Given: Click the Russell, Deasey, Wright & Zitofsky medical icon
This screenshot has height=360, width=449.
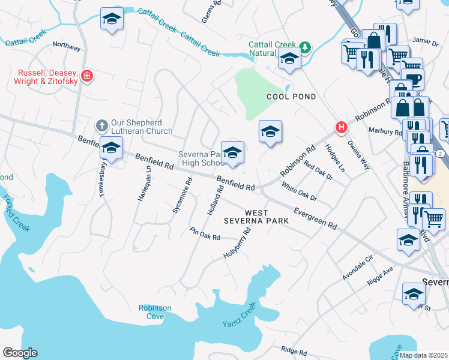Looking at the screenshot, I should [x=87, y=76].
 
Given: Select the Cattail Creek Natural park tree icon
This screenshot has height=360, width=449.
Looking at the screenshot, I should [x=306, y=47].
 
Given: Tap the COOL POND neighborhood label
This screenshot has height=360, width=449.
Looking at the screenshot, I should [x=292, y=97].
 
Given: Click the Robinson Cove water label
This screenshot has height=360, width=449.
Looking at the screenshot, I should [x=155, y=312].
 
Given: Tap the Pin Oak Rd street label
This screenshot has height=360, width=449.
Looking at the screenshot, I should [x=205, y=233].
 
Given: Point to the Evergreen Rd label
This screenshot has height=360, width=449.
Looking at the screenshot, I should [x=315, y=217].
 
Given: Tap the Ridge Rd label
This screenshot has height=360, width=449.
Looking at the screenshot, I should [x=294, y=350].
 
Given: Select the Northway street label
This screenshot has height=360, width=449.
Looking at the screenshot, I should [x=66, y=45].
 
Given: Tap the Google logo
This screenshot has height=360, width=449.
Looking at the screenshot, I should [x=20, y=353].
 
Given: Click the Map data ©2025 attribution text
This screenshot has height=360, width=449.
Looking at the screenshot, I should [x=423, y=355].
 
